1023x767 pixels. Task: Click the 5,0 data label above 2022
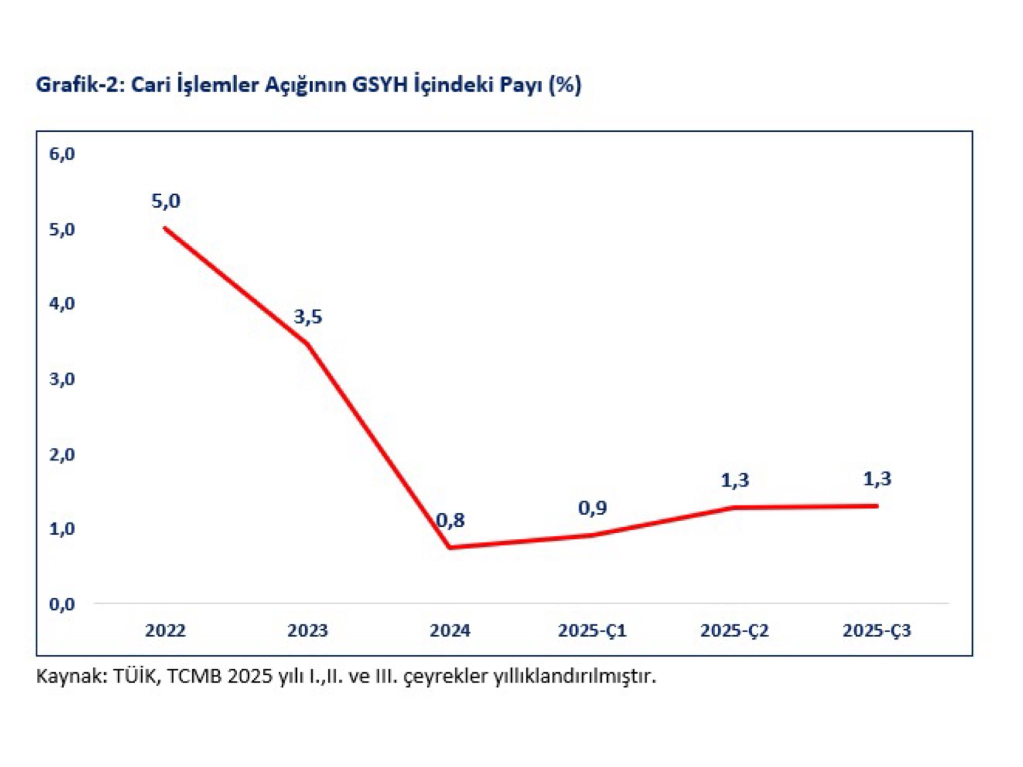(x=165, y=201)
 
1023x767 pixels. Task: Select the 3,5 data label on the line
(x=308, y=317)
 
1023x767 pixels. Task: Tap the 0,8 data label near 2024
(x=451, y=520)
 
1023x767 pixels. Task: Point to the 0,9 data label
(x=592, y=508)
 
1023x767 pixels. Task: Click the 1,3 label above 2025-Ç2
(x=735, y=480)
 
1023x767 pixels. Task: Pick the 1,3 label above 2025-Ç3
(x=877, y=479)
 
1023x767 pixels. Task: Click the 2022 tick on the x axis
(x=165, y=631)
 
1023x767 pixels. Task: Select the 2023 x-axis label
(x=308, y=631)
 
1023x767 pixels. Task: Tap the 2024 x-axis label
(x=450, y=631)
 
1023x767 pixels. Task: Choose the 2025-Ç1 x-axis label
(x=592, y=631)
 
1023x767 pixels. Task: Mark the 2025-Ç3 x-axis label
(x=877, y=631)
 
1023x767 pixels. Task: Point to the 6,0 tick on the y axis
(x=62, y=154)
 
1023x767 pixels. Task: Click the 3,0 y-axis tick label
(x=62, y=380)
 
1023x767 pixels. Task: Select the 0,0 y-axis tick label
(x=62, y=605)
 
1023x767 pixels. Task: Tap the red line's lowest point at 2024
(x=450, y=547)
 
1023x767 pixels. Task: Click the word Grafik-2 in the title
(x=78, y=85)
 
